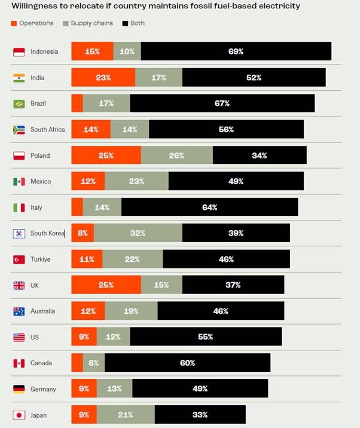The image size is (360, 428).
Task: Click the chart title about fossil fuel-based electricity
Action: coord(155,6)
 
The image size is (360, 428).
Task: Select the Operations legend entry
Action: coord(32,23)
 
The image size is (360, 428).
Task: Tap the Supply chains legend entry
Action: coord(84,23)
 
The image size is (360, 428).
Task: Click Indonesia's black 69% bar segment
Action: coord(236,51)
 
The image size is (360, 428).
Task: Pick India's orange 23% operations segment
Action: coord(103,78)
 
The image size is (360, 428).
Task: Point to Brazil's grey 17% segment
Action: coord(106,103)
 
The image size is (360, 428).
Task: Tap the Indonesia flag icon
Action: coord(19,51)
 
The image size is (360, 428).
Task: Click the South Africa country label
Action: coord(48,130)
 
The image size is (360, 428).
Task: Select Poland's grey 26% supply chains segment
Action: coord(176,155)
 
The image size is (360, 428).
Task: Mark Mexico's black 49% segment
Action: coord(236,181)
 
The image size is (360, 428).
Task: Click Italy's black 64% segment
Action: coord(209,207)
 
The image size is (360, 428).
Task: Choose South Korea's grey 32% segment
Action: coord(138,233)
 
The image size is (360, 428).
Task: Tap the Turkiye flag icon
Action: coord(19,259)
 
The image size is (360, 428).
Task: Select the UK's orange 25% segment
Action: coord(106,285)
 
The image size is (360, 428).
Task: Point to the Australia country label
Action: coord(42,311)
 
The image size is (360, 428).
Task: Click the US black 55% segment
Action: coord(205,337)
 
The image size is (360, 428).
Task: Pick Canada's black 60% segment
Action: coord(187,363)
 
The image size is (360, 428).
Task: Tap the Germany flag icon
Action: coord(19,389)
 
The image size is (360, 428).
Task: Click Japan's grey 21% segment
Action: coord(126,415)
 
